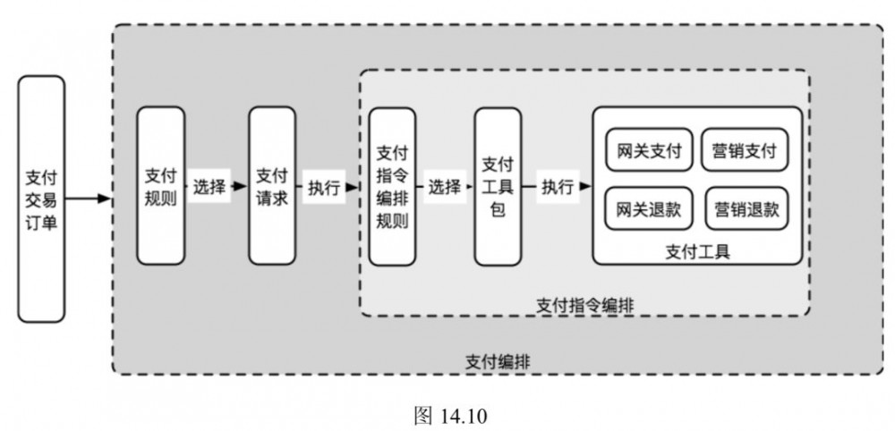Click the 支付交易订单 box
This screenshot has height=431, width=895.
(41, 199)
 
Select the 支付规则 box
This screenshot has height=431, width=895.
(161, 186)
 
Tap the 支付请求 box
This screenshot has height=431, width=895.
(272, 186)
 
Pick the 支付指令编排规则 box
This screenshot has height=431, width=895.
(392, 186)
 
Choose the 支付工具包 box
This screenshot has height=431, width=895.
(498, 186)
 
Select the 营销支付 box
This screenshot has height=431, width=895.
(745, 151)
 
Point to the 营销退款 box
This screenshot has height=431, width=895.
(746, 209)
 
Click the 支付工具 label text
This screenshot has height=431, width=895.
(697, 251)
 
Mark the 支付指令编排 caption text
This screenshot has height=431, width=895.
(584, 304)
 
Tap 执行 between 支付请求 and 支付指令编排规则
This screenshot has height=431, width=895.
(324, 187)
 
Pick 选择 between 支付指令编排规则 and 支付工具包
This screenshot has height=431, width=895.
(444, 187)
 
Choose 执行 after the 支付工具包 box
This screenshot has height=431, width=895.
(558, 187)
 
